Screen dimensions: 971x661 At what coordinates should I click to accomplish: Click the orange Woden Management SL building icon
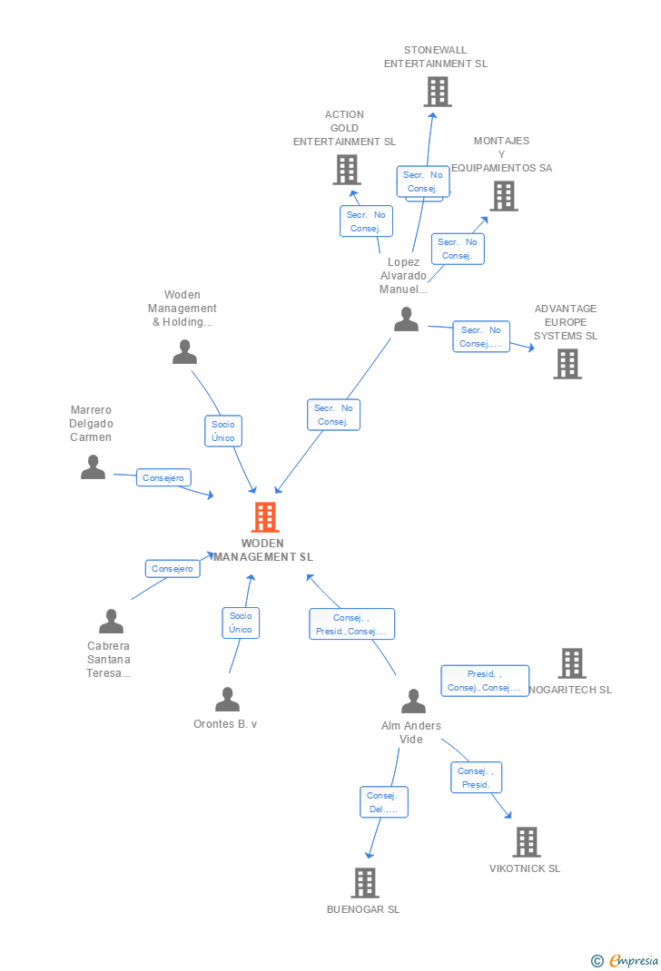click(x=264, y=517)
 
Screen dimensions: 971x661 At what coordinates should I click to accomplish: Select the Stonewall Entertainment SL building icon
click(x=437, y=92)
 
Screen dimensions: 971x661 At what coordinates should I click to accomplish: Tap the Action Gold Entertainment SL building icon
click(x=346, y=170)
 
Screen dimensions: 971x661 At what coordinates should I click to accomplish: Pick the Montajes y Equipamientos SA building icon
click(x=503, y=196)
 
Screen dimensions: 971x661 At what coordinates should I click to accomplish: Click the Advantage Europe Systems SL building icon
click(x=567, y=364)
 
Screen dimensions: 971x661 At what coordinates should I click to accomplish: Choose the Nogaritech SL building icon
click(x=571, y=663)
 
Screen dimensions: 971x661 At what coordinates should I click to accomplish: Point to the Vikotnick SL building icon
click(x=526, y=842)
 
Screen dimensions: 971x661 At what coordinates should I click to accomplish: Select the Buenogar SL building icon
click(x=364, y=882)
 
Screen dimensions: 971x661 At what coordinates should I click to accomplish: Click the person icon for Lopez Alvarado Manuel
click(x=406, y=319)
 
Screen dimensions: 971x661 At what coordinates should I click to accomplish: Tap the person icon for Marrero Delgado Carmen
click(x=93, y=467)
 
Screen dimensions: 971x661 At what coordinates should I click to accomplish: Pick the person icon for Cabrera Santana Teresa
click(x=111, y=622)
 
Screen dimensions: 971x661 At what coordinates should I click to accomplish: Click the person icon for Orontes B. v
click(x=227, y=700)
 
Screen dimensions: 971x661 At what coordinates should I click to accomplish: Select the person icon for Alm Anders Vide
click(x=413, y=701)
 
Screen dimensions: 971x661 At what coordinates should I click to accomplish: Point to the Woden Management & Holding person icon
click(x=184, y=352)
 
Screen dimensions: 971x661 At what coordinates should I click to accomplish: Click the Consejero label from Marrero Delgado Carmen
click(x=163, y=477)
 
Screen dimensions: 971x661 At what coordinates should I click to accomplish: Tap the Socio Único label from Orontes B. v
click(x=241, y=623)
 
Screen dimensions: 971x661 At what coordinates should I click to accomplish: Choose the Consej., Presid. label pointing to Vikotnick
click(x=476, y=778)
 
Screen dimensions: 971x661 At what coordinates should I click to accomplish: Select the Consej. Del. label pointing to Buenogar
click(x=383, y=802)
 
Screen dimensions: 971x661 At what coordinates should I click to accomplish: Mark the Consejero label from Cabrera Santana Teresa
click(x=173, y=569)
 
